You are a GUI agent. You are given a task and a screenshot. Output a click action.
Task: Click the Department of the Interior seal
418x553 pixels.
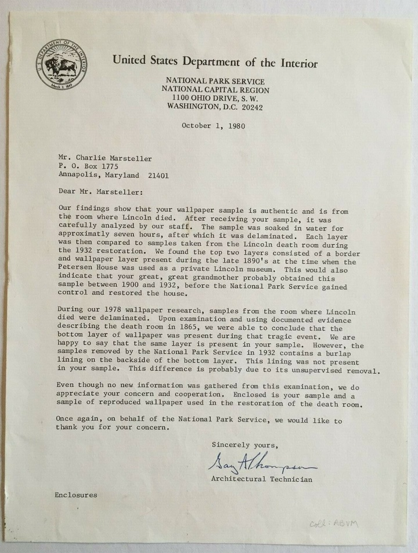coord(61,63)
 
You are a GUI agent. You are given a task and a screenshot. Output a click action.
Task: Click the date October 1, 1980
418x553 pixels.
coord(213,125)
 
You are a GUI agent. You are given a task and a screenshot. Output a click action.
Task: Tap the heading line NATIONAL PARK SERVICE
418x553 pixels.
coord(215,82)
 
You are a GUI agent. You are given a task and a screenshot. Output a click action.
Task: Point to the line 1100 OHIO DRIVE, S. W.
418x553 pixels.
coord(215,99)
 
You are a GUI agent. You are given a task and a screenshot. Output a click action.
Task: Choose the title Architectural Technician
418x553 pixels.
coord(261,479)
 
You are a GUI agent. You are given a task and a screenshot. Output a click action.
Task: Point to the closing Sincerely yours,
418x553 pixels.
coord(244,445)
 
